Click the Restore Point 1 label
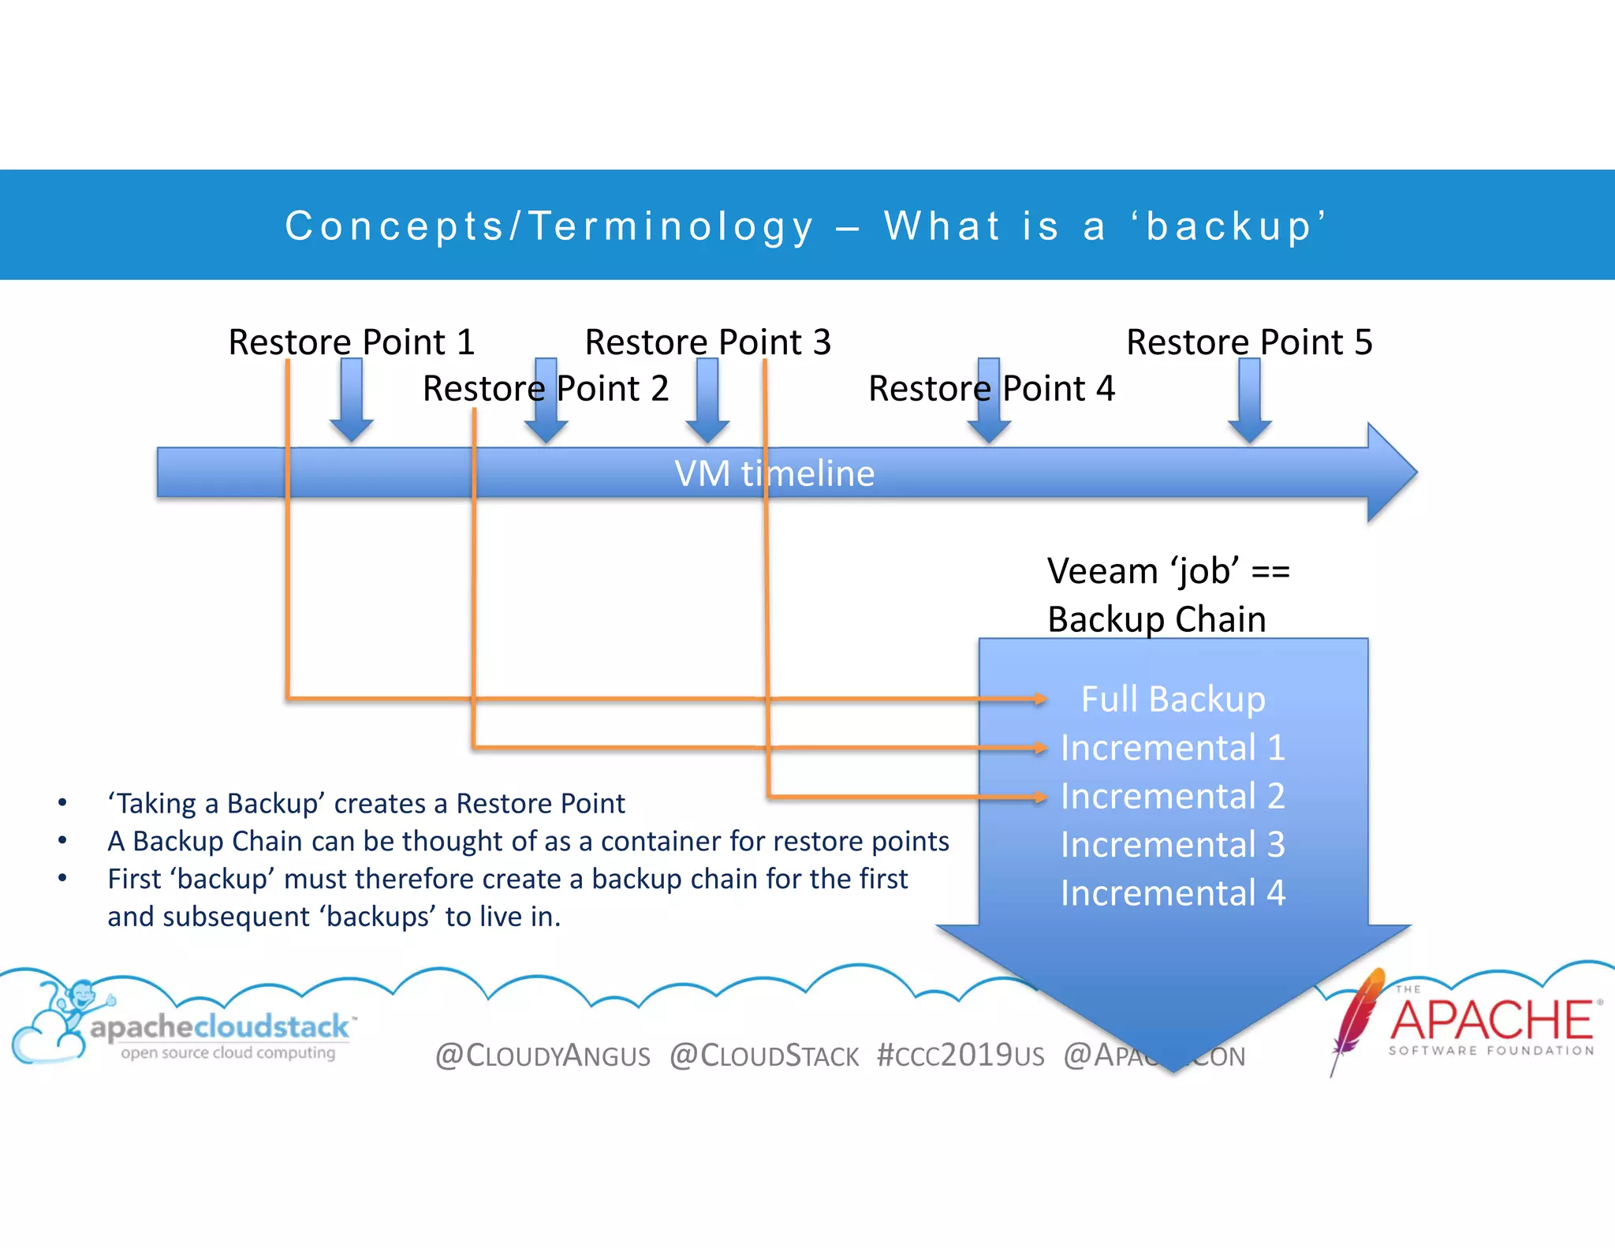tap(351, 342)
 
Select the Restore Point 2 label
tap(545, 389)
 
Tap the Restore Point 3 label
tap(707, 342)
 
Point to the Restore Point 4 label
tap(991, 389)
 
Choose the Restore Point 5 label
tap(1249, 342)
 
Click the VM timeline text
tap(774, 473)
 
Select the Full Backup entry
tap(1173, 699)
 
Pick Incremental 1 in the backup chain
tap(1173, 748)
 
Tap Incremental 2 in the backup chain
tap(1173, 796)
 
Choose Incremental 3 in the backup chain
tap(1173, 845)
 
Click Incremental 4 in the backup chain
tap(1173, 893)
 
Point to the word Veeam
tap(1102, 571)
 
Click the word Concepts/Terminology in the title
tap(549, 226)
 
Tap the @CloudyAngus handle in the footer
tap(543, 1056)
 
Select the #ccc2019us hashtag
tap(960, 1056)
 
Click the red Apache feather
tap(1358, 1018)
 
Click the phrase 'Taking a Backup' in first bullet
tap(216, 804)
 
